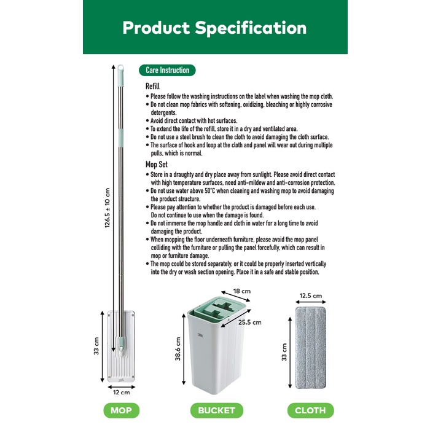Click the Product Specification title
coord(214,28)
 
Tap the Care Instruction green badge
coord(167,70)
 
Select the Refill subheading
coord(152,86)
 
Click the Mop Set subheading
coord(156,165)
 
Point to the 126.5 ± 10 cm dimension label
coord(107,208)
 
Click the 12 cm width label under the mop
coord(122,393)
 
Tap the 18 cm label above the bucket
coord(242,291)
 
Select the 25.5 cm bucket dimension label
coord(250,322)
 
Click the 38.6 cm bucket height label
coord(178,349)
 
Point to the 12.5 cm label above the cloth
coord(311,295)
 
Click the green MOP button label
coord(121,410)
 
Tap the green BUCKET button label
coord(217,410)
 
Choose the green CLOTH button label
coord(310,410)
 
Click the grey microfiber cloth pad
coord(310,348)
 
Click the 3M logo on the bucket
coord(200,335)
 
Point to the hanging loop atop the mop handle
coord(120,68)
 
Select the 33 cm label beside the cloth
coord(284,352)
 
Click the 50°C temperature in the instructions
coord(210,191)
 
